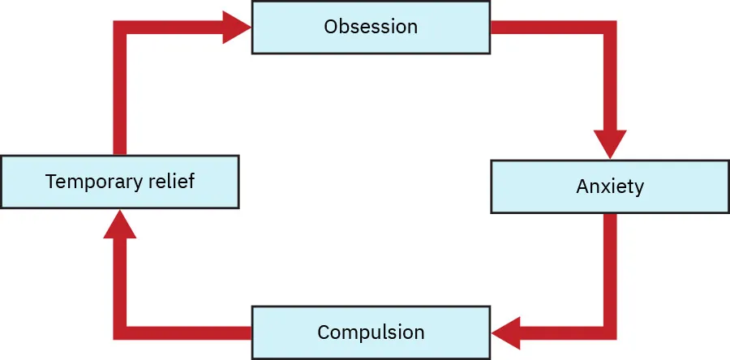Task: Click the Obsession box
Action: [x=371, y=27]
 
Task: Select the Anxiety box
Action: [x=610, y=186]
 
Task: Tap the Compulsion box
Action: [x=371, y=332]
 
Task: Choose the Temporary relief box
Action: [x=119, y=182]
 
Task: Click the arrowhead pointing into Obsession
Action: [x=238, y=28]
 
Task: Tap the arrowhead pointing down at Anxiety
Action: [x=610, y=144]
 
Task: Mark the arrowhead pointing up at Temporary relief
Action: [x=119, y=224]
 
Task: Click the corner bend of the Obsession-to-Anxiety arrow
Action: [x=610, y=28]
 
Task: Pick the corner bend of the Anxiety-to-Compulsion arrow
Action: [x=610, y=332]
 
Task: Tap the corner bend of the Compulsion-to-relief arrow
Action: [x=119, y=332]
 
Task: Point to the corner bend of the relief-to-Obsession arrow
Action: [x=119, y=28]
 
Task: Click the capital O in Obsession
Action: [x=330, y=27]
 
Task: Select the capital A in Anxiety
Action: [x=582, y=186]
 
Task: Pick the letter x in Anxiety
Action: [x=605, y=187]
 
